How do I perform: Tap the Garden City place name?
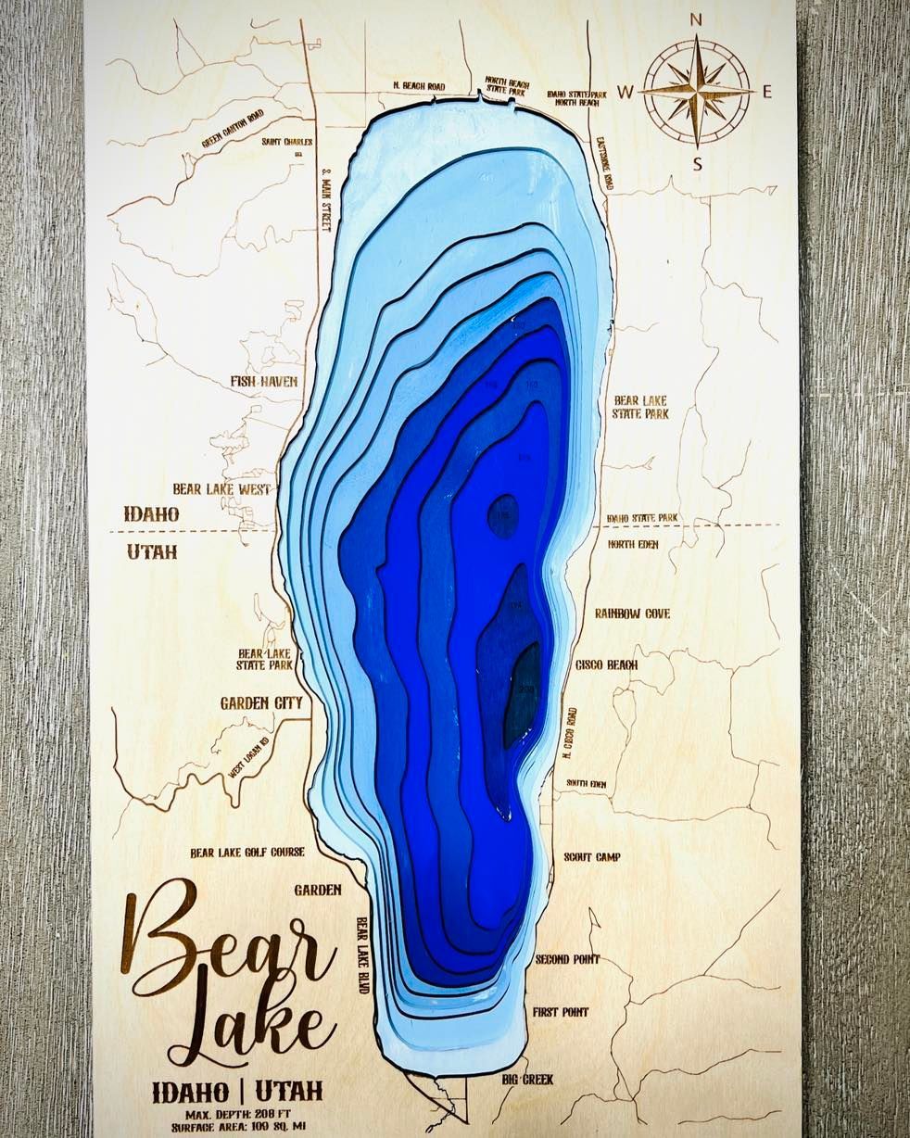coord(261,703)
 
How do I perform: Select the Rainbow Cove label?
coord(632,613)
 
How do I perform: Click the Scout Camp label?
coord(591,857)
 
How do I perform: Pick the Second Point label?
coord(567,959)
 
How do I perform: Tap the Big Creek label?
coord(527,1080)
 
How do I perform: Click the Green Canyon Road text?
coord(234,129)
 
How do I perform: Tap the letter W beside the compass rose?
coord(626,91)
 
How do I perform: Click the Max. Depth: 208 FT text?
coord(239,1112)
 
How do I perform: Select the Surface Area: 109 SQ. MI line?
coord(239,1126)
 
